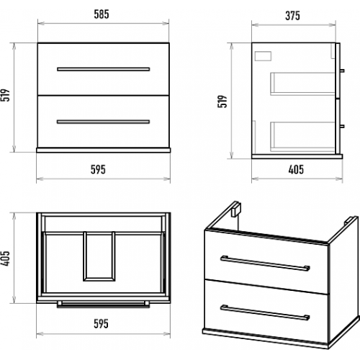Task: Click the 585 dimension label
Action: coord(102,14)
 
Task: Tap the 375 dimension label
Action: coord(292,16)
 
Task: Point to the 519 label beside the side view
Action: coord(222,102)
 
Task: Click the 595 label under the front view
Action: coord(98,169)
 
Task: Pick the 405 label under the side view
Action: coord(296,169)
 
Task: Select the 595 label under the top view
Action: coord(101,323)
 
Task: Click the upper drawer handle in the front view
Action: coord(104,69)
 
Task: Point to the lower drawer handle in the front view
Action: coord(104,122)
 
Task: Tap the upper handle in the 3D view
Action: coord(265,264)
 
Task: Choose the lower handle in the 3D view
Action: coord(265,312)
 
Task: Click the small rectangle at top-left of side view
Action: coord(263,56)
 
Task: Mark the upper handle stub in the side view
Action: coord(342,71)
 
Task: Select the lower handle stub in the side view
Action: coord(342,126)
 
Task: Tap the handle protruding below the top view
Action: coord(104,305)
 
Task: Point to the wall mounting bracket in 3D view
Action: coord(236,209)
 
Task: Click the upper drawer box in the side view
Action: coord(303,84)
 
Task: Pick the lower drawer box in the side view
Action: coord(303,137)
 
